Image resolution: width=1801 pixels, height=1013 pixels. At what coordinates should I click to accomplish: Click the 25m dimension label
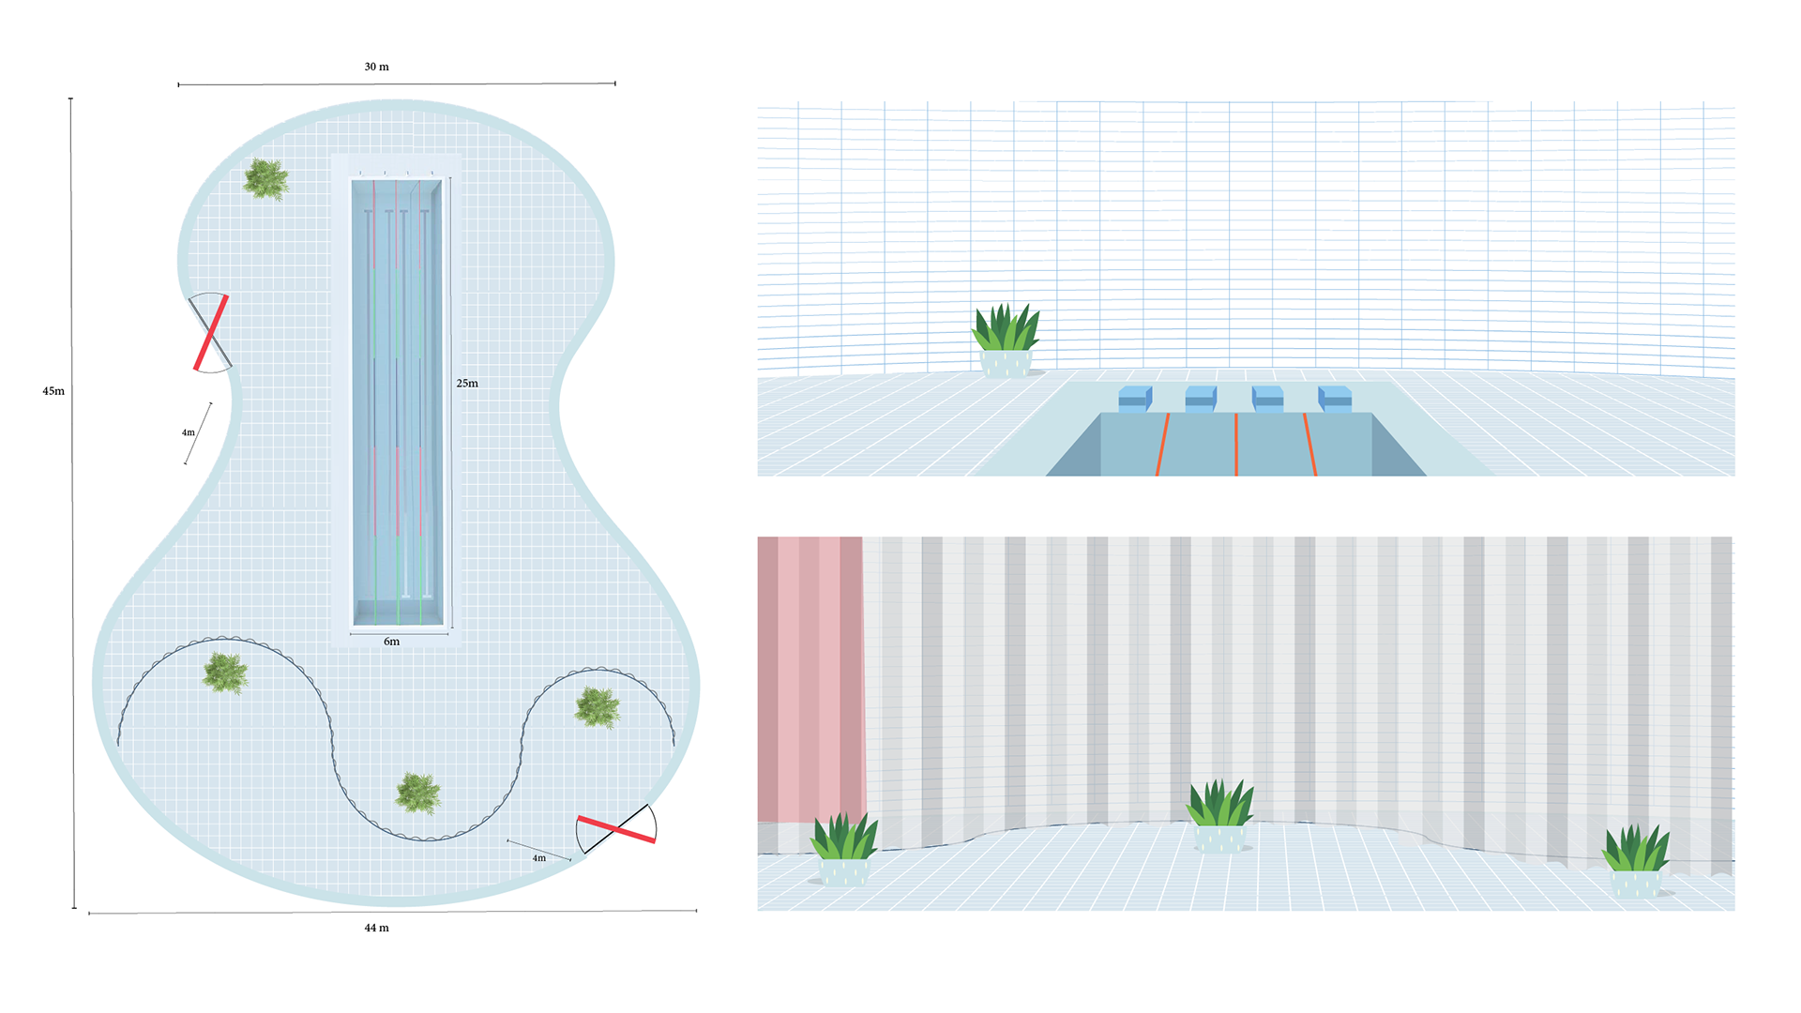tap(467, 384)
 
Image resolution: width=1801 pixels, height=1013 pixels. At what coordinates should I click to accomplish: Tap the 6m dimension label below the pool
tap(391, 642)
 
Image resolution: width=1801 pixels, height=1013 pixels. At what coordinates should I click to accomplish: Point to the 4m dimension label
tap(539, 858)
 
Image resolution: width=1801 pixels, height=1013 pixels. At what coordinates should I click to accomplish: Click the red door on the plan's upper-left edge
tap(211, 332)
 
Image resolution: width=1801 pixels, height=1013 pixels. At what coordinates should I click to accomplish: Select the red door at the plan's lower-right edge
tap(616, 829)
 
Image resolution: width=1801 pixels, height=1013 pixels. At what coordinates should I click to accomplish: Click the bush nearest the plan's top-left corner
tap(266, 179)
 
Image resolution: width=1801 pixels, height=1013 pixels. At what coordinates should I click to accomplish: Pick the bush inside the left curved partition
tap(225, 673)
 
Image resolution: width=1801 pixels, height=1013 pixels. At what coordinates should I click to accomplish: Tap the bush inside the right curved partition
tap(598, 707)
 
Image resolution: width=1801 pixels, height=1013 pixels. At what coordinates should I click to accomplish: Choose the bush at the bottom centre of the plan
tap(417, 794)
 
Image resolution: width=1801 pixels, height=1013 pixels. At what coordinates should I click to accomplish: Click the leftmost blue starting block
tap(1135, 399)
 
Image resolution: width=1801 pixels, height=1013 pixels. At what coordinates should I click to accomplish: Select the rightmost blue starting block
tap(1335, 399)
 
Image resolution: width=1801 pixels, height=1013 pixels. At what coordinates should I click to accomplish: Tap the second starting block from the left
tap(1201, 399)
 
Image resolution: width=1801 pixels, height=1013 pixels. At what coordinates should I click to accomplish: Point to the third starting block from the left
tap(1267, 399)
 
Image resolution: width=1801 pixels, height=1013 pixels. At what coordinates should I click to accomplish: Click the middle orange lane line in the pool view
tap(1236, 445)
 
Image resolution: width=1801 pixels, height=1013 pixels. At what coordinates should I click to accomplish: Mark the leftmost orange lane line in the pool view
tap(1164, 445)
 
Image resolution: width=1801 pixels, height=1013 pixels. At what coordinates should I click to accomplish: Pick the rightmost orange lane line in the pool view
tap(1309, 445)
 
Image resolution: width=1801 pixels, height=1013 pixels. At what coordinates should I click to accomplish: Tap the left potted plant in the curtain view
tap(844, 849)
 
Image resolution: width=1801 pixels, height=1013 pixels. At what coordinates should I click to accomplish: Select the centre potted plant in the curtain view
tap(1219, 816)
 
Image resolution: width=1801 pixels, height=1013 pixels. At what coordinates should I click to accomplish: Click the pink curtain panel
tap(810, 675)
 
